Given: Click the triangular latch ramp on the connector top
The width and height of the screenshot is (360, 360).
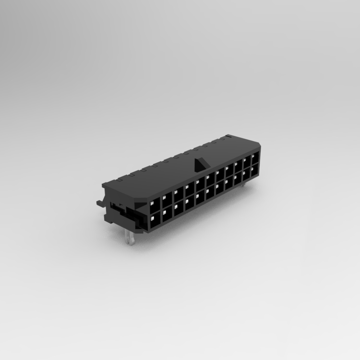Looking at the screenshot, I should [198, 165].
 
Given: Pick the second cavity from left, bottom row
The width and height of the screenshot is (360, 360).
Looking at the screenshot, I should [167, 213].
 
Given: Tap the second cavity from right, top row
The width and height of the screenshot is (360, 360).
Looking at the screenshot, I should [247, 161].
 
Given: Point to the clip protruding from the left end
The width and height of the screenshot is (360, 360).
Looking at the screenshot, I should [100, 203].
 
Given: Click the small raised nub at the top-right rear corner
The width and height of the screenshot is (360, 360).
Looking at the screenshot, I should [228, 137].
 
